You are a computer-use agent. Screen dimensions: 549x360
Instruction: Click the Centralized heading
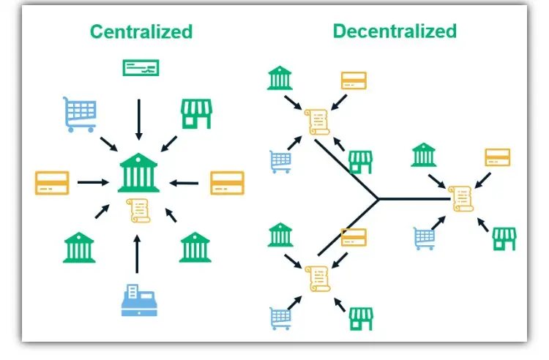point(141,31)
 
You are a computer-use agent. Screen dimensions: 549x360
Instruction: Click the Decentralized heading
point(395,31)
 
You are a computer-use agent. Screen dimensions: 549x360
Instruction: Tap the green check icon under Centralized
point(141,68)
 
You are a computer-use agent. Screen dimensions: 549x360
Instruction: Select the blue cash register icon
point(139,300)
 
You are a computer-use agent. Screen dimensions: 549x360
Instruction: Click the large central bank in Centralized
point(138,173)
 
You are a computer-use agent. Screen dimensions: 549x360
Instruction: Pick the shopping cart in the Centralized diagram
point(80,114)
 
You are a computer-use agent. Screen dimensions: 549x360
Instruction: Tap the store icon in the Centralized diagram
point(196,114)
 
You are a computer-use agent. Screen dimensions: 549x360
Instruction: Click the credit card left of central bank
point(52,183)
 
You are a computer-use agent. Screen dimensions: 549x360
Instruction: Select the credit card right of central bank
point(227,183)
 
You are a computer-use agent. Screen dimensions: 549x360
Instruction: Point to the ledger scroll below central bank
point(138,211)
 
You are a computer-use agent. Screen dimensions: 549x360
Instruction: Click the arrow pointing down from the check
point(139,120)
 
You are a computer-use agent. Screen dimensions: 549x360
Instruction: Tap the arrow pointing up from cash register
point(137,254)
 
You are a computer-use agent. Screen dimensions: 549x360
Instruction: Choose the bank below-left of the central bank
point(79,247)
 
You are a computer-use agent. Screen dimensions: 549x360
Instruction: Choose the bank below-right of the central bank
point(195,247)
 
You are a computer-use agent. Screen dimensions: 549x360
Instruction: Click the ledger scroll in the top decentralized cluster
point(317,121)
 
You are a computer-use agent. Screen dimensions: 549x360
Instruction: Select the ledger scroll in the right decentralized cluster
point(461,199)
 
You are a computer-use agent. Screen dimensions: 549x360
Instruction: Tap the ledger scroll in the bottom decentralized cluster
point(318,279)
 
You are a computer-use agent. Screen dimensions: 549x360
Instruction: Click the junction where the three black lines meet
point(378,199)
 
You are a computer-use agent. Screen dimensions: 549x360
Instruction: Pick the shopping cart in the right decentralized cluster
point(425,239)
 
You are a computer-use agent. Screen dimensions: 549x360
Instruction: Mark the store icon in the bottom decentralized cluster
point(361,319)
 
